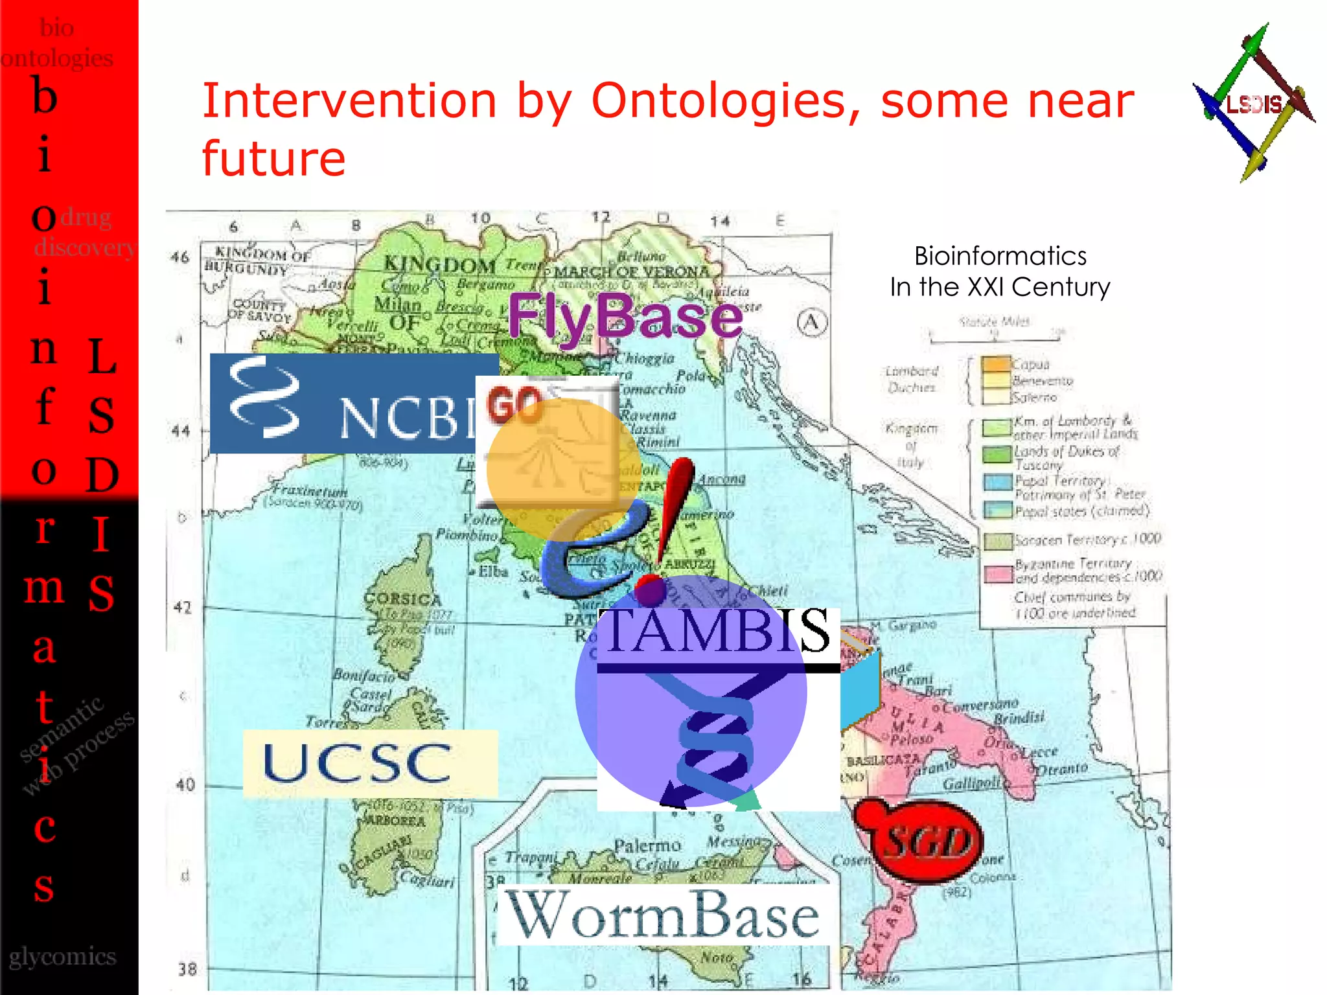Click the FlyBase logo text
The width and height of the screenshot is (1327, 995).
(625, 316)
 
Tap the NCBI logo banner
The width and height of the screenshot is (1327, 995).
(350, 403)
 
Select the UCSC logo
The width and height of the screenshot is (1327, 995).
(370, 763)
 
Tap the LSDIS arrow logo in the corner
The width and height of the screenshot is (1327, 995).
(1253, 104)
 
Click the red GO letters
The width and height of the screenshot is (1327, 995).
(514, 404)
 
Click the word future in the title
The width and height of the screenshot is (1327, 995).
(273, 159)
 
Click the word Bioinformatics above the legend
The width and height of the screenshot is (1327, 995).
(1000, 257)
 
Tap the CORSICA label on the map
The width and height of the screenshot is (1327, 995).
(402, 599)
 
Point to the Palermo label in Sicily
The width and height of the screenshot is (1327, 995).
(647, 845)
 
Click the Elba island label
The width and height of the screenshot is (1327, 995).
(492, 571)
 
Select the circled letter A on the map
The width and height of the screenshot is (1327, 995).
(812, 323)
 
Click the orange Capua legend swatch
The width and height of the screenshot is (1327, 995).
(996, 364)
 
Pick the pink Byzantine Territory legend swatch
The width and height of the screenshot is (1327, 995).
(998, 574)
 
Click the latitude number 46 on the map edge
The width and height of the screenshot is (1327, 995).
(179, 257)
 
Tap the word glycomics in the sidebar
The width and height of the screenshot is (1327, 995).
(62, 956)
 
